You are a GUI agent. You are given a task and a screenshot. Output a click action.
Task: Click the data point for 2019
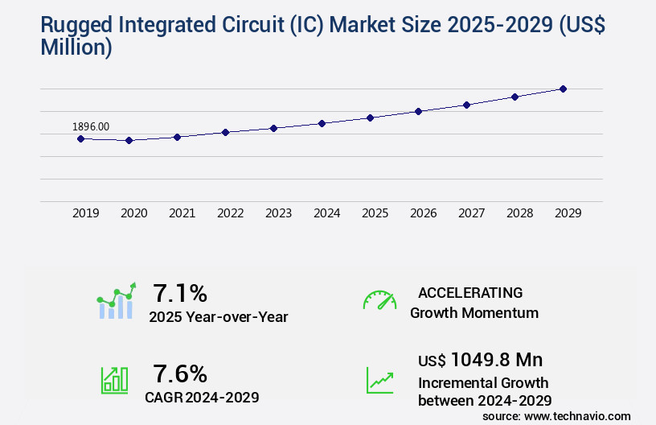80,138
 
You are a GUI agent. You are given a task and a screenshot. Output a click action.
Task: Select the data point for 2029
563,89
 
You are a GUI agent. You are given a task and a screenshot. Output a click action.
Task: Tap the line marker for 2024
322,123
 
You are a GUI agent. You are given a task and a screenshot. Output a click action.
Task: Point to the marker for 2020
129,140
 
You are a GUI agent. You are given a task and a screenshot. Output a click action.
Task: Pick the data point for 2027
466,105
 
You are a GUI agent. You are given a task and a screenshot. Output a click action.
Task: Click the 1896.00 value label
91,126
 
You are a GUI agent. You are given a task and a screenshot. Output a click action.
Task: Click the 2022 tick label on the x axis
230,213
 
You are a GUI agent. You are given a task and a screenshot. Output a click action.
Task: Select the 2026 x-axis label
423,213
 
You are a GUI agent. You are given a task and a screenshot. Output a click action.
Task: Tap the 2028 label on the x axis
519,213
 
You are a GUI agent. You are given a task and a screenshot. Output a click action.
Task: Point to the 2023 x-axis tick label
278,213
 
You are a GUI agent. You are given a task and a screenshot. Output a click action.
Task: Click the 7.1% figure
180,292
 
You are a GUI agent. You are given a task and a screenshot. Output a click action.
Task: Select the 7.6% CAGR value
180,373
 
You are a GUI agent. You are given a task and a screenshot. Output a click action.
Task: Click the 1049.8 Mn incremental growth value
497,360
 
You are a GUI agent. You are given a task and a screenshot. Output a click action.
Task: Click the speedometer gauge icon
379,300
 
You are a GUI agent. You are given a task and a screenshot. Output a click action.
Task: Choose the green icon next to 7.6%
114,380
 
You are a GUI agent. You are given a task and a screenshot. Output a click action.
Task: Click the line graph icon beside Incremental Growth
379,380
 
